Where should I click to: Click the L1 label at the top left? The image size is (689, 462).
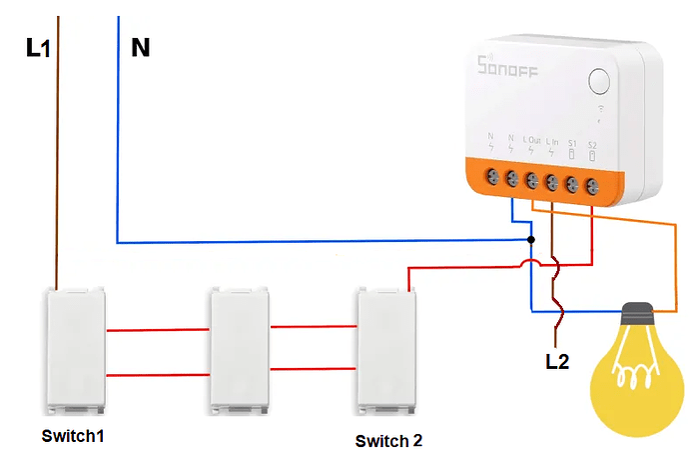38,48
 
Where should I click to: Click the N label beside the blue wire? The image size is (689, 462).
141,47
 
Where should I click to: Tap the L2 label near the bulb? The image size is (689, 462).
557,362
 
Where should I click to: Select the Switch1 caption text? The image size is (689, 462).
73,436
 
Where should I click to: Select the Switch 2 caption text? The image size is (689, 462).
389,441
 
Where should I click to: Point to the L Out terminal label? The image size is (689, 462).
531,143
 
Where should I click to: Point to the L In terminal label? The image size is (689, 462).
552,143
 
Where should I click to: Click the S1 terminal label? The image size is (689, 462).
572,143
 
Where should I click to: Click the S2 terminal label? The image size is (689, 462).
592,143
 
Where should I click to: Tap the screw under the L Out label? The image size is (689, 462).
531,181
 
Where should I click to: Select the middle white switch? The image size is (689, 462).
239,350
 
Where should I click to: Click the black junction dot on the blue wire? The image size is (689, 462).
531,241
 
